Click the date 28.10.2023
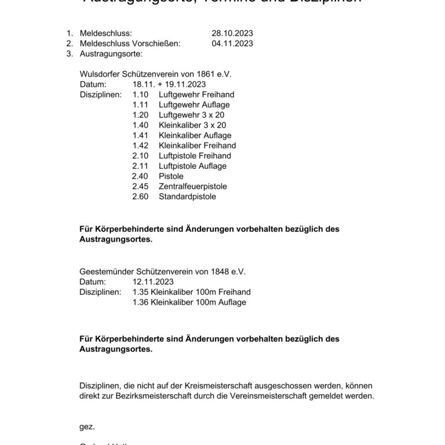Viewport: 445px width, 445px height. coord(232,34)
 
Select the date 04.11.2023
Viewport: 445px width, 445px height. coord(232,43)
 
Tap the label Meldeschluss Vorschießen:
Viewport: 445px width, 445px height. coord(130,43)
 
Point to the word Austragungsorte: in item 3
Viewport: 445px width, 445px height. coord(110,54)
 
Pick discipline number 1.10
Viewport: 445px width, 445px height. coord(141,94)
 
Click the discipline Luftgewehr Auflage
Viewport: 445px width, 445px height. coord(194,105)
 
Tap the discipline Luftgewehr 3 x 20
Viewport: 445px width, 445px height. coord(192,115)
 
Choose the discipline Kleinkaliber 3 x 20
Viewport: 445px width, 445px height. coord(192,125)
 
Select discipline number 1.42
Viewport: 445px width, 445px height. coord(141,145)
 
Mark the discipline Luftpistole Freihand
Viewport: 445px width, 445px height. coord(194,156)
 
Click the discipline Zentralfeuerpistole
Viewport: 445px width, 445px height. coord(192,187)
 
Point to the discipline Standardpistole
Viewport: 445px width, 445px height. coord(187,196)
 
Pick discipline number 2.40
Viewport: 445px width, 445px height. coord(140,176)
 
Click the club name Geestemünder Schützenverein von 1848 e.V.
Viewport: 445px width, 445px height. coord(162,271)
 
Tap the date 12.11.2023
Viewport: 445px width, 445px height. coord(153,282)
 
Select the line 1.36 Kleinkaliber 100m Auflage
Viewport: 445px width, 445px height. coord(189,302)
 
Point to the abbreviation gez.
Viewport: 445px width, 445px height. coord(86,426)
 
